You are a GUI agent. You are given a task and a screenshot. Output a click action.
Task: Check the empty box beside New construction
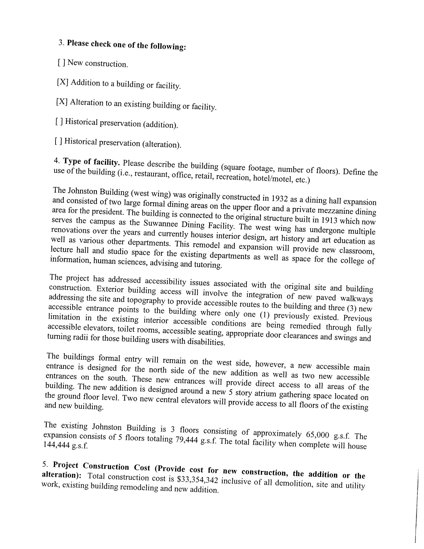(62, 62)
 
